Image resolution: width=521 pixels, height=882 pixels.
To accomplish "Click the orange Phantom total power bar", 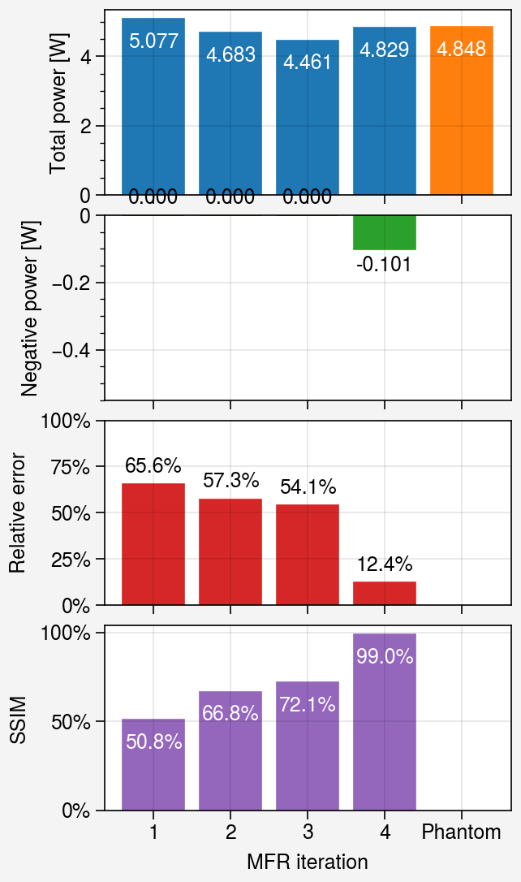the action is point(462,110).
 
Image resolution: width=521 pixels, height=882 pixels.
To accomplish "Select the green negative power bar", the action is point(385,232).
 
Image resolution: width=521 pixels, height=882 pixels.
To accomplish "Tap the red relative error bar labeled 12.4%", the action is point(385,593).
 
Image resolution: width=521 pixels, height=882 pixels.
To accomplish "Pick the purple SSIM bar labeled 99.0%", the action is point(385,722).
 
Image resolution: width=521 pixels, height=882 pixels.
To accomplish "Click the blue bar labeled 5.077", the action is point(153,106).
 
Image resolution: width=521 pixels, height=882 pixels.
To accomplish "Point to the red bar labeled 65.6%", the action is point(153,544).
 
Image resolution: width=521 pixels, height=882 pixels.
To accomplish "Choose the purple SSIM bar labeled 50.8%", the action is point(153,764).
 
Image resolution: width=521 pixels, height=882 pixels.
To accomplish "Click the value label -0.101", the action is point(384,264).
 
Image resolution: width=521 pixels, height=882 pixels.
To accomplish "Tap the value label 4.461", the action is point(307,62).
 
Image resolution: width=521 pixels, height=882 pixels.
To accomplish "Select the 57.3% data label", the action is point(231,480).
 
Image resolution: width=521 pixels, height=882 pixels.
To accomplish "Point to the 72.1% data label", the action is point(308,704).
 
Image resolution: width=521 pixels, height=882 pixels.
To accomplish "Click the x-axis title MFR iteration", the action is point(308,861).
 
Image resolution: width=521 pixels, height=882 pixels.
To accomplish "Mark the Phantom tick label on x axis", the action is point(462,832).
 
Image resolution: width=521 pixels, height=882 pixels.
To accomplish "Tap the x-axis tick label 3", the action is point(308,832).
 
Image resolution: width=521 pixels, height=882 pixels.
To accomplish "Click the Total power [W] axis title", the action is point(58,104).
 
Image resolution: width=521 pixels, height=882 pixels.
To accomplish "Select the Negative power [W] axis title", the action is point(29,309).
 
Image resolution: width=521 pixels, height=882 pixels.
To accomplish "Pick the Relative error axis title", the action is point(17,513).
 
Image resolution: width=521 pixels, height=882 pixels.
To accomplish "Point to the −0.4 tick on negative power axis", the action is point(71,350).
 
